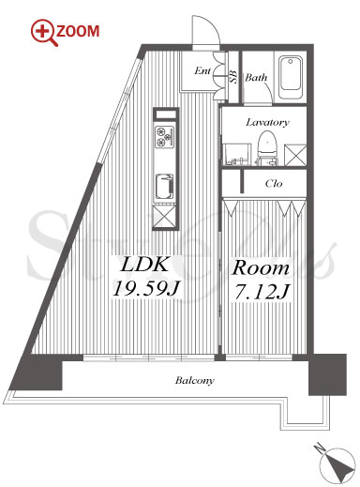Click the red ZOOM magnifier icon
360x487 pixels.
tap(44, 32)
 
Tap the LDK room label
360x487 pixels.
tap(144, 265)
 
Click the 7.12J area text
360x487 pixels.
tap(262, 292)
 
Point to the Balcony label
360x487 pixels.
tap(195, 381)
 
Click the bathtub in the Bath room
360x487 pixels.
tap(291, 77)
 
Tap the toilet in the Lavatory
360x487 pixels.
tap(266, 147)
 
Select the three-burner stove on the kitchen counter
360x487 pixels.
tap(165, 136)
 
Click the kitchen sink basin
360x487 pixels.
tap(165, 187)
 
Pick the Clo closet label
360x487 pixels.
tap(274, 183)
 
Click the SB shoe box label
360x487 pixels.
tap(233, 77)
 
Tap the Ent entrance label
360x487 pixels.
tap(202, 71)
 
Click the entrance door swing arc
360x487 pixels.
tap(213, 23)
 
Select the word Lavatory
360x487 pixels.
tap(267, 122)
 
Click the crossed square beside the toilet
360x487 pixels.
tap(295, 155)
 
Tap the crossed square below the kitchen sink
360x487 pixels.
tap(165, 217)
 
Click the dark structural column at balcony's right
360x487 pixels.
tap(327, 374)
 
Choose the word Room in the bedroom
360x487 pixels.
tap(260, 268)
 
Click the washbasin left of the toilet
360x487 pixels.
tap(237, 154)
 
